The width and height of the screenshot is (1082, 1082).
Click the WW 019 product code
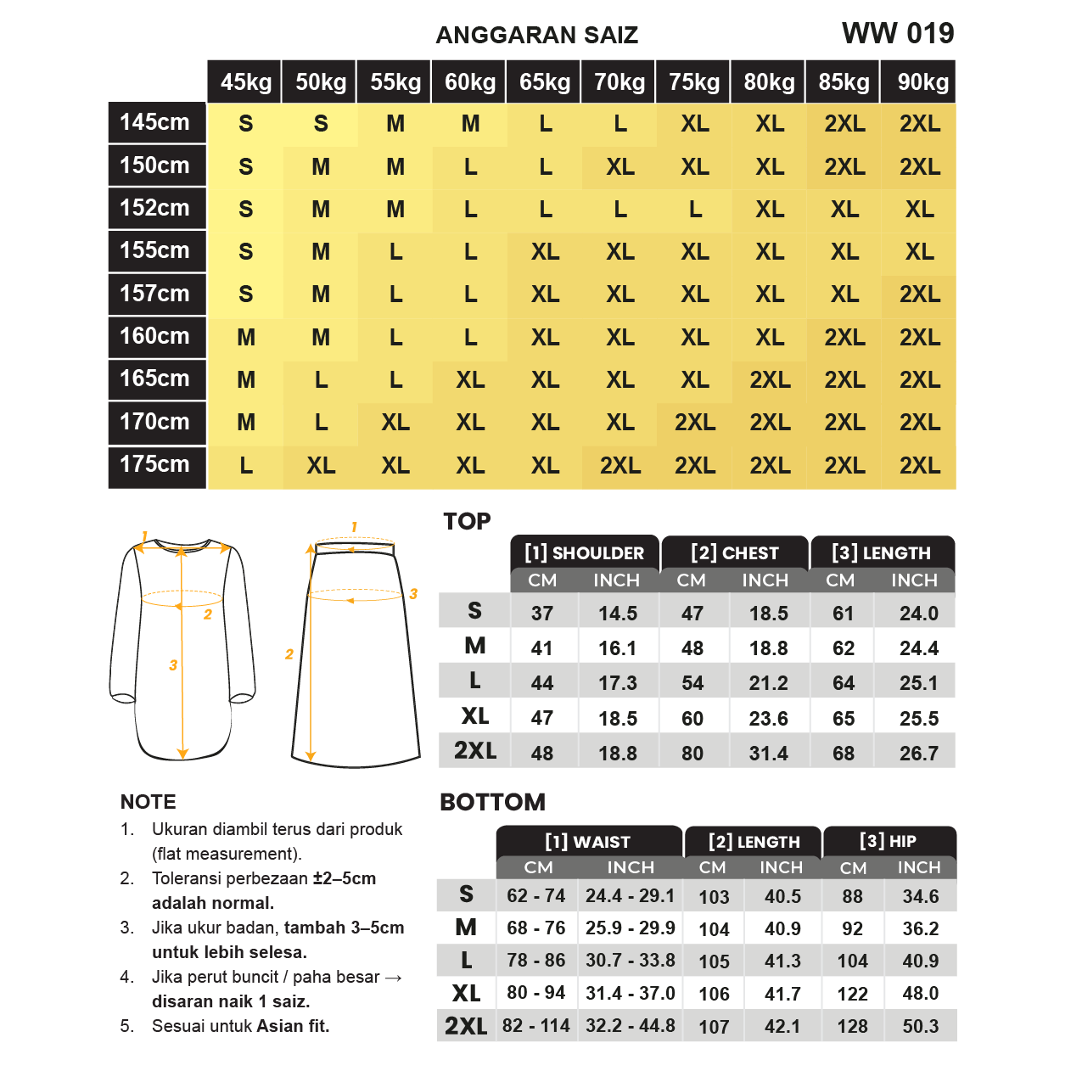point(898,34)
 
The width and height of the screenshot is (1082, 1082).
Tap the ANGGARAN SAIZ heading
point(536,36)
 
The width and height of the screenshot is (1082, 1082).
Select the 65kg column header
point(545,82)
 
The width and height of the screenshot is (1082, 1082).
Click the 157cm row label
point(154,294)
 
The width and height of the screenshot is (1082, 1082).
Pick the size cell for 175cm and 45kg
point(246,466)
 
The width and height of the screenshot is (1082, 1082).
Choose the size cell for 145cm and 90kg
point(920,124)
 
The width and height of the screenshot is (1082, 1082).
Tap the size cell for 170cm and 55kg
point(395,423)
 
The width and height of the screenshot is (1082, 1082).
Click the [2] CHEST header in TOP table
point(735,553)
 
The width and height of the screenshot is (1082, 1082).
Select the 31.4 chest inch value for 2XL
point(768,754)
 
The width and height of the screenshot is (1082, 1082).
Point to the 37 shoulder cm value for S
point(542,614)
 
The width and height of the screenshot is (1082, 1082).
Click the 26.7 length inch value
point(918,754)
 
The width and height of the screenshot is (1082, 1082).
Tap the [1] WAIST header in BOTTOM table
point(587,842)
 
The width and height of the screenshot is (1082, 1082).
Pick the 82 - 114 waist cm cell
point(536,1026)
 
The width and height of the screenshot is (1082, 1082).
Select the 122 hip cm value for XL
point(852,994)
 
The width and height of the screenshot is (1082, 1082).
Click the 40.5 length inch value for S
point(782,897)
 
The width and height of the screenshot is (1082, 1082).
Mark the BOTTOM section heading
point(492,802)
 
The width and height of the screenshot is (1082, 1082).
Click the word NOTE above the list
point(149,802)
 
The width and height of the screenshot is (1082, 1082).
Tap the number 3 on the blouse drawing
point(173,665)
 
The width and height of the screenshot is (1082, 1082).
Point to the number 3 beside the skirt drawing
point(413,594)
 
